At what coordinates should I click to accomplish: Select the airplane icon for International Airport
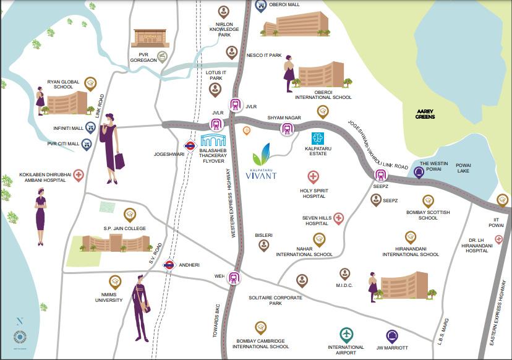coord(346,335)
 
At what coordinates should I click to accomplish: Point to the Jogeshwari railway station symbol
coord(190,147)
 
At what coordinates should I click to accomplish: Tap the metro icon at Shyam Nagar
coord(287,129)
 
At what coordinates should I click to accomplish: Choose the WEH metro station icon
coord(234,278)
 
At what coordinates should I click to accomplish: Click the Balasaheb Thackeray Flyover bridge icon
coord(215,141)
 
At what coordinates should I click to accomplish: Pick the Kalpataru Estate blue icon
coord(318,139)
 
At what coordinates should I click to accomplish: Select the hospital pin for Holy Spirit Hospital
coord(314,178)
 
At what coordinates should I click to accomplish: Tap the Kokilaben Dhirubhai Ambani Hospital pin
coord(79,175)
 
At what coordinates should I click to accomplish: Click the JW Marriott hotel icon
coord(391,336)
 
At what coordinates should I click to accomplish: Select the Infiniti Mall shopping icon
coord(90,129)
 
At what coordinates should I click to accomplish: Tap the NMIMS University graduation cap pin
coord(114,281)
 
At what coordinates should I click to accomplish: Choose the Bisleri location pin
coord(264,245)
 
